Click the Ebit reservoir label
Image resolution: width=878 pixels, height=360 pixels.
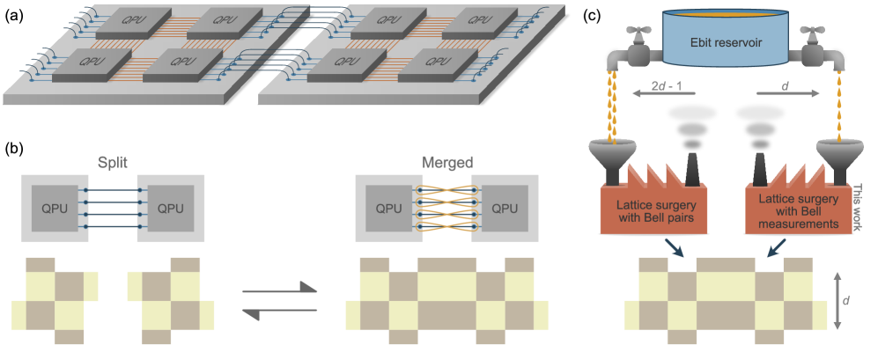pos(724,42)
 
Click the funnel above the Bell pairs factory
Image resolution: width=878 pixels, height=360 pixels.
pos(613,158)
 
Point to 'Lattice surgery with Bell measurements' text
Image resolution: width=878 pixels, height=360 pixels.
pos(799,212)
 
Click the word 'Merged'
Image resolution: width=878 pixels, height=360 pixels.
pos(446,164)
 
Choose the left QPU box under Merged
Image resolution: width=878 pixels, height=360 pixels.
pos(388,209)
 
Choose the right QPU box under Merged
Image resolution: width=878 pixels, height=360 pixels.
pos(504,209)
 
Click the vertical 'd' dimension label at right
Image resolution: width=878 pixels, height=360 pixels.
pos(846,300)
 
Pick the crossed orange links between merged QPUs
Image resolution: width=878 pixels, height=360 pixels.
pos(446,209)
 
